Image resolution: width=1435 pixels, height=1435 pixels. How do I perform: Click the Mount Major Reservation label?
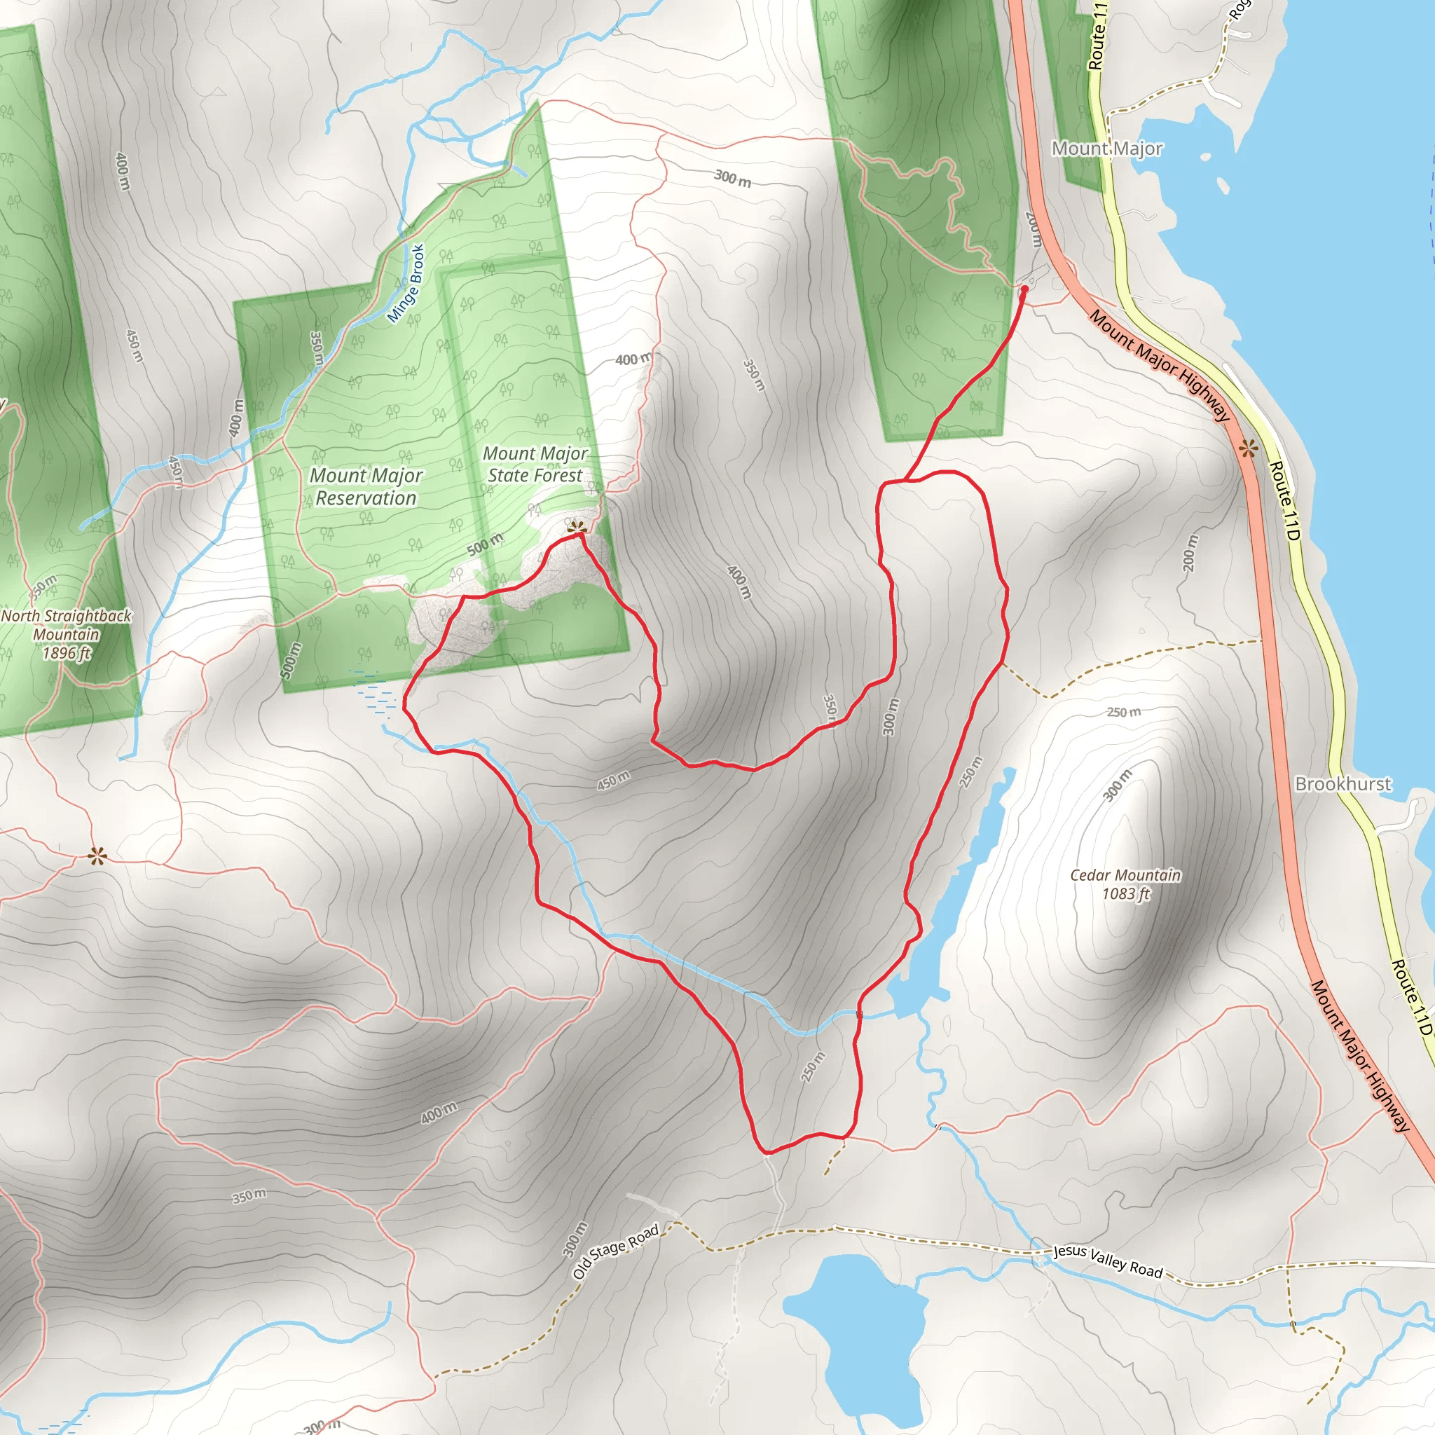(x=366, y=486)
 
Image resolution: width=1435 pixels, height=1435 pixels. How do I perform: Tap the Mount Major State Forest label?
(x=535, y=465)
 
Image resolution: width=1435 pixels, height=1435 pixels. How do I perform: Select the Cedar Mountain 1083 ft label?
(x=1125, y=884)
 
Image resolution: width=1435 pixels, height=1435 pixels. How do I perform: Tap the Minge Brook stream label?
(x=406, y=284)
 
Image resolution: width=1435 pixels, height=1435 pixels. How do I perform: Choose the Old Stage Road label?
(x=616, y=1251)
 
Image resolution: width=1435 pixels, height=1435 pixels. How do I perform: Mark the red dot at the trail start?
(x=1025, y=288)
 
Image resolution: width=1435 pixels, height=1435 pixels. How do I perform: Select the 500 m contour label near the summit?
(x=485, y=544)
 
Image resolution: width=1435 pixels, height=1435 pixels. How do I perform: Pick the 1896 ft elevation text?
(x=67, y=653)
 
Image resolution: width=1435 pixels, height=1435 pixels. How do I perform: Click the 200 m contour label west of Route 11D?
(x=1190, y=553)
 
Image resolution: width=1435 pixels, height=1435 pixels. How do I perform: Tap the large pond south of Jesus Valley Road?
(x=854, y=1322)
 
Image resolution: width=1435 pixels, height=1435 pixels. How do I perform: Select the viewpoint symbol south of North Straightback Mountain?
(x=97, y=856)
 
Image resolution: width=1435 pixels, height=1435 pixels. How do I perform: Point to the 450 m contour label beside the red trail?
(x=614, y=781)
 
